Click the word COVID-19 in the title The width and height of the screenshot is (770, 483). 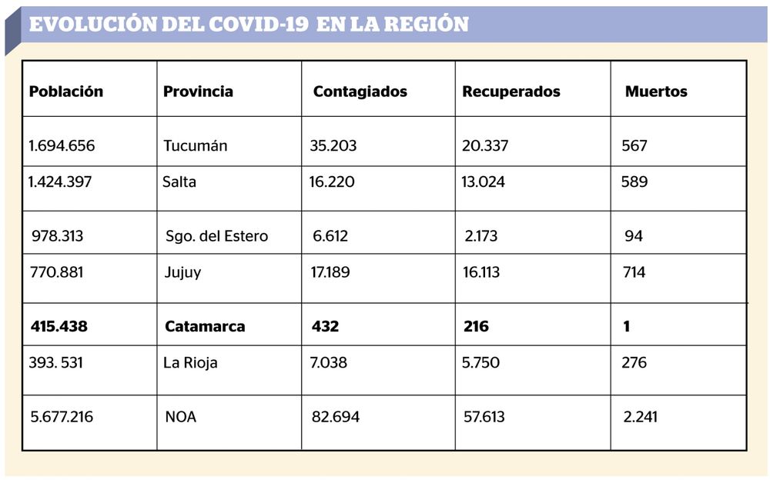258,24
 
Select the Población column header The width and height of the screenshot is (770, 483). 66,92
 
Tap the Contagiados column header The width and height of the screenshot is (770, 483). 360,92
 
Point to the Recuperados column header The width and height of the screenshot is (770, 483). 511,92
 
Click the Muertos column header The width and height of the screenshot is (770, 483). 656,92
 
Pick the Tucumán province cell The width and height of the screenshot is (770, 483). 196,145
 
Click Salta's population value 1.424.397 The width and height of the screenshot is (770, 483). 60,182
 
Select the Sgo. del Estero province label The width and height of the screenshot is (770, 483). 216,236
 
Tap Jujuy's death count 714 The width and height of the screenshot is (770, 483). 634,272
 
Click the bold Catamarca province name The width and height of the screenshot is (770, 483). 205,327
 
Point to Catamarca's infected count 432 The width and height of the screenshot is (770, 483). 325,327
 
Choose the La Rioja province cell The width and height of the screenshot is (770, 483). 190,363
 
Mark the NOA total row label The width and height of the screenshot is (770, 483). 181,417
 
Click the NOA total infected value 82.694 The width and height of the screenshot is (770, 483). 336,417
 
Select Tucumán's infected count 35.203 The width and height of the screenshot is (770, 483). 333,145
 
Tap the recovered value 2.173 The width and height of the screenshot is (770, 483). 480,236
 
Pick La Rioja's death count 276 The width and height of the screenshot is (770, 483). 634,363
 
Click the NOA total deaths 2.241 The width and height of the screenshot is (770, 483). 640,417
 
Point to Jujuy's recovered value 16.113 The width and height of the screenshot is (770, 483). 480,272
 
